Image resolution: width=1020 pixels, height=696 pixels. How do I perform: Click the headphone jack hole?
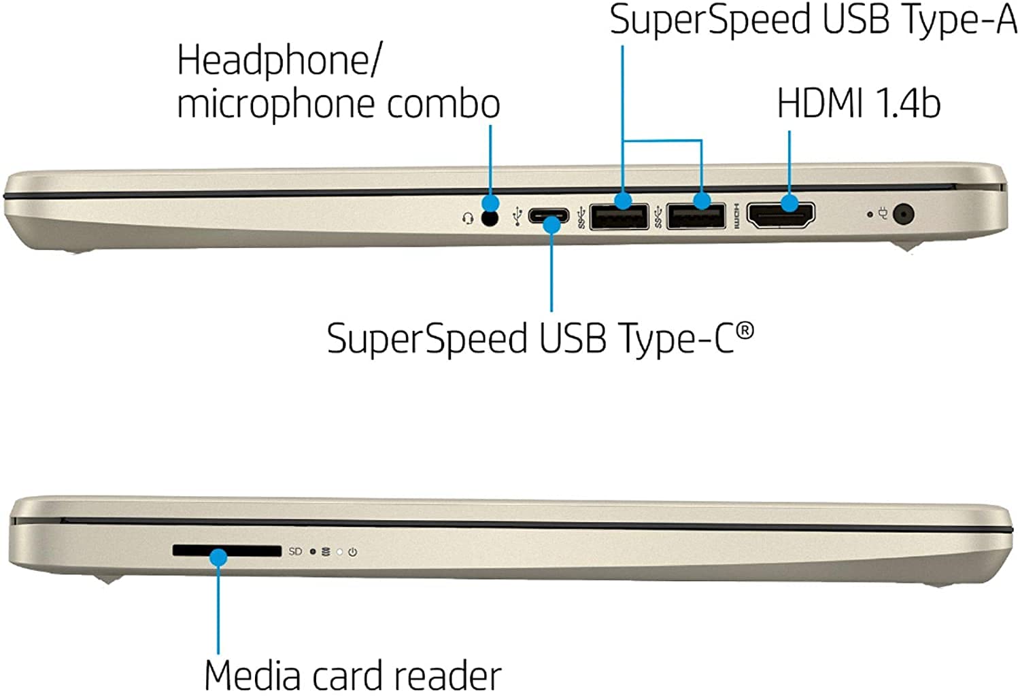(490, 218)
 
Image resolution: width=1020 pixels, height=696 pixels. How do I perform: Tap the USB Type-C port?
(548, 215)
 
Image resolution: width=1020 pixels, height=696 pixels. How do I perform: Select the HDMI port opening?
(781, 215)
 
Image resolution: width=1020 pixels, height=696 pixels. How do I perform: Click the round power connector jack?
(903, 214)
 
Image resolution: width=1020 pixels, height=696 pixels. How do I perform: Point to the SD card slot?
(226, 551)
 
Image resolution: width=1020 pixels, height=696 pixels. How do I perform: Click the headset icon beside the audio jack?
(468, 218)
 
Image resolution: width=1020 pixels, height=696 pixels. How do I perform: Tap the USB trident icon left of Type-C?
(517, 217)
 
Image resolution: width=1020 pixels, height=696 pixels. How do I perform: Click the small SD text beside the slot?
(295, 551)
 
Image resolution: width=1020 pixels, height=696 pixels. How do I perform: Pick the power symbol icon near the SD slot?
(352, 552)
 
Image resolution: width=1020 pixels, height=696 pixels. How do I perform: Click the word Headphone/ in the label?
(279, 60)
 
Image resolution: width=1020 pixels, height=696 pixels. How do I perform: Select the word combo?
(443, 103)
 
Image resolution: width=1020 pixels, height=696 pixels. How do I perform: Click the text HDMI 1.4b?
(858, 103)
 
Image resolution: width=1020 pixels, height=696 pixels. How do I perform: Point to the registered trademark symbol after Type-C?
(745, 330)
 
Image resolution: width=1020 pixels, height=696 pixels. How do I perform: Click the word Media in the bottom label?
(252, 676)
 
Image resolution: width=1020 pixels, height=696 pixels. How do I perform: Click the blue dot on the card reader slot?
(218, 557)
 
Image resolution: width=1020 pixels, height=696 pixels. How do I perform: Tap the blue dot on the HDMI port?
(789, 203)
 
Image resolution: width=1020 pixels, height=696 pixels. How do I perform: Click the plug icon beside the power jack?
(883, 213)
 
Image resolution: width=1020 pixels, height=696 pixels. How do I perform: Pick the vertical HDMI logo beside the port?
(736, 216)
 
